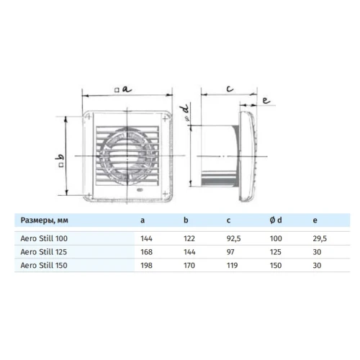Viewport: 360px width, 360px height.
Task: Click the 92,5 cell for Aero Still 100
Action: pos(233,238)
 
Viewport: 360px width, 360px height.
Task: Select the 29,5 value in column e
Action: pos(320,238)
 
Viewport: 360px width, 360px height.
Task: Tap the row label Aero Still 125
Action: pos(44,252)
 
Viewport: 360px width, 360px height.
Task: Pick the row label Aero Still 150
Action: pos(44,266)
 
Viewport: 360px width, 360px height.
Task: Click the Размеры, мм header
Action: pos(45,220)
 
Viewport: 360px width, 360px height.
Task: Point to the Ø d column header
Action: pos(276,220)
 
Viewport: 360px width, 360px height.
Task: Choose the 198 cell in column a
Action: pos(146,266)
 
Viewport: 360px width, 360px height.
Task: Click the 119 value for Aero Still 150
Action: pos(232,266)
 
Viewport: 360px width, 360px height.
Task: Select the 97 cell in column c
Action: pos(230,252)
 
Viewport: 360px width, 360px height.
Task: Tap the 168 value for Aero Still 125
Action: pos(146,252)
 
